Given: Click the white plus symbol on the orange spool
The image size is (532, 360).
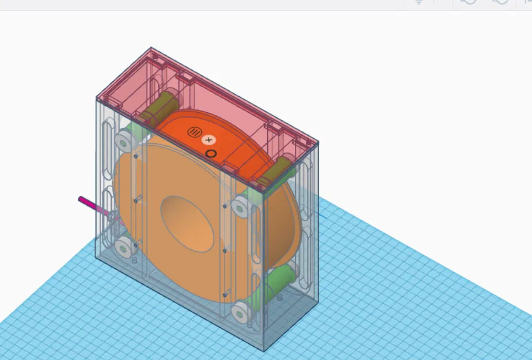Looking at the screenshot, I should (208, 140).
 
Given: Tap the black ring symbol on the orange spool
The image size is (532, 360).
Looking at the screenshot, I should (211, 154).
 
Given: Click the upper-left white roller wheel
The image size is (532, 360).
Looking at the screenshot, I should (124, 140).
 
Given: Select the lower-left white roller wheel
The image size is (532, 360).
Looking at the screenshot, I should (123, 248).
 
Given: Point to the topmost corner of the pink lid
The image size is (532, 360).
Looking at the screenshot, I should (151, 48).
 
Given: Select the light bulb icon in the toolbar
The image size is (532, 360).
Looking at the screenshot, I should (419, 2).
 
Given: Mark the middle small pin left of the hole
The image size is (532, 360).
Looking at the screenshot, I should (137, 200).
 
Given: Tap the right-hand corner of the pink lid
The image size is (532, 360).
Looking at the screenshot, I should (317, 142).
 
